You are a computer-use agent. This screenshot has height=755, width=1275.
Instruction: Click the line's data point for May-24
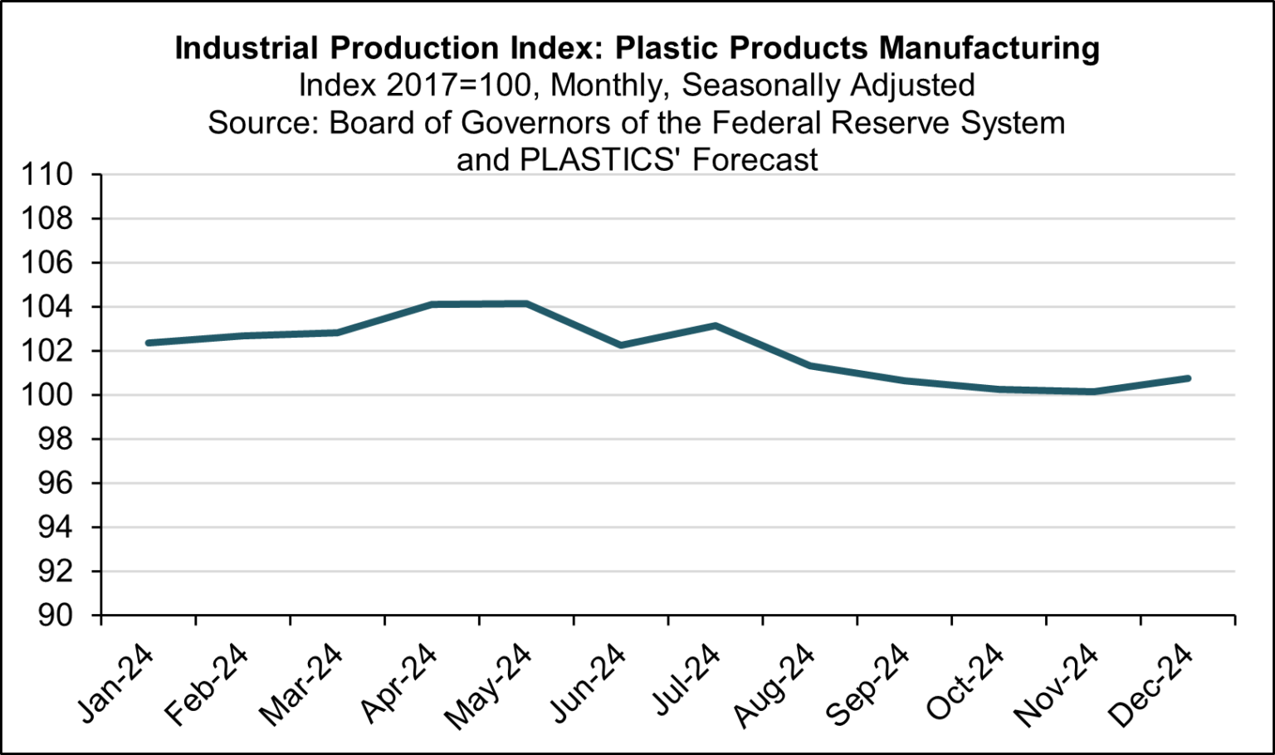[x=526, y=304]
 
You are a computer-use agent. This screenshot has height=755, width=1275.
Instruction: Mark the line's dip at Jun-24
[x=621, y=345]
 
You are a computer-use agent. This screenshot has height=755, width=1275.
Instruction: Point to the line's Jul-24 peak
[x=716, y=325]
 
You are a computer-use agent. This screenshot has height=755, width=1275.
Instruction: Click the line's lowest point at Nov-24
[x=1093, y=392]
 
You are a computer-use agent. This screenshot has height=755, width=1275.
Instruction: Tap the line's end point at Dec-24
[x=1188, y=378]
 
